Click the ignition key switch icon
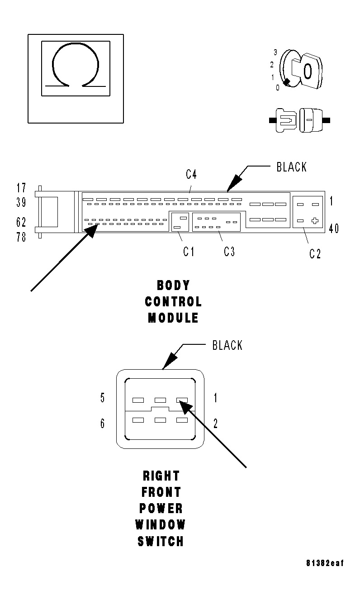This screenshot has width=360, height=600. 299,71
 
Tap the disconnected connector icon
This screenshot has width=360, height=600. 299,120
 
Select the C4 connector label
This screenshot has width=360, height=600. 191,174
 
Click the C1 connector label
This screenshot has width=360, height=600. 189,252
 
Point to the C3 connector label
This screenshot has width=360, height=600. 229,252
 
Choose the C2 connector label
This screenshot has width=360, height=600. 315,254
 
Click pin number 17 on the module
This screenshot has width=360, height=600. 21,188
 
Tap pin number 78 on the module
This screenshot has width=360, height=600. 21,237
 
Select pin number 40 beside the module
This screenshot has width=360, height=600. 334,229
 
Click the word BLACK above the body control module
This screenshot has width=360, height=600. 292,167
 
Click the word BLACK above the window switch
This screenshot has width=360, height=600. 227,346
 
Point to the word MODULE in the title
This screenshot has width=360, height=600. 173,318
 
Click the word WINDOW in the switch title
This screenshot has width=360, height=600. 161,525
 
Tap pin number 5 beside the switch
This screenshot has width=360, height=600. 103,398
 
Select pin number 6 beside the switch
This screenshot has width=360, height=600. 103,424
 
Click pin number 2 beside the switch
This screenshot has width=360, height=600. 215,424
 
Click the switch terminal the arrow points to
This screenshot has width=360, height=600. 182,400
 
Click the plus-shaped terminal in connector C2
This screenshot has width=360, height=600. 315,221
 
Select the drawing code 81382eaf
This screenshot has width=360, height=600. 325,563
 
